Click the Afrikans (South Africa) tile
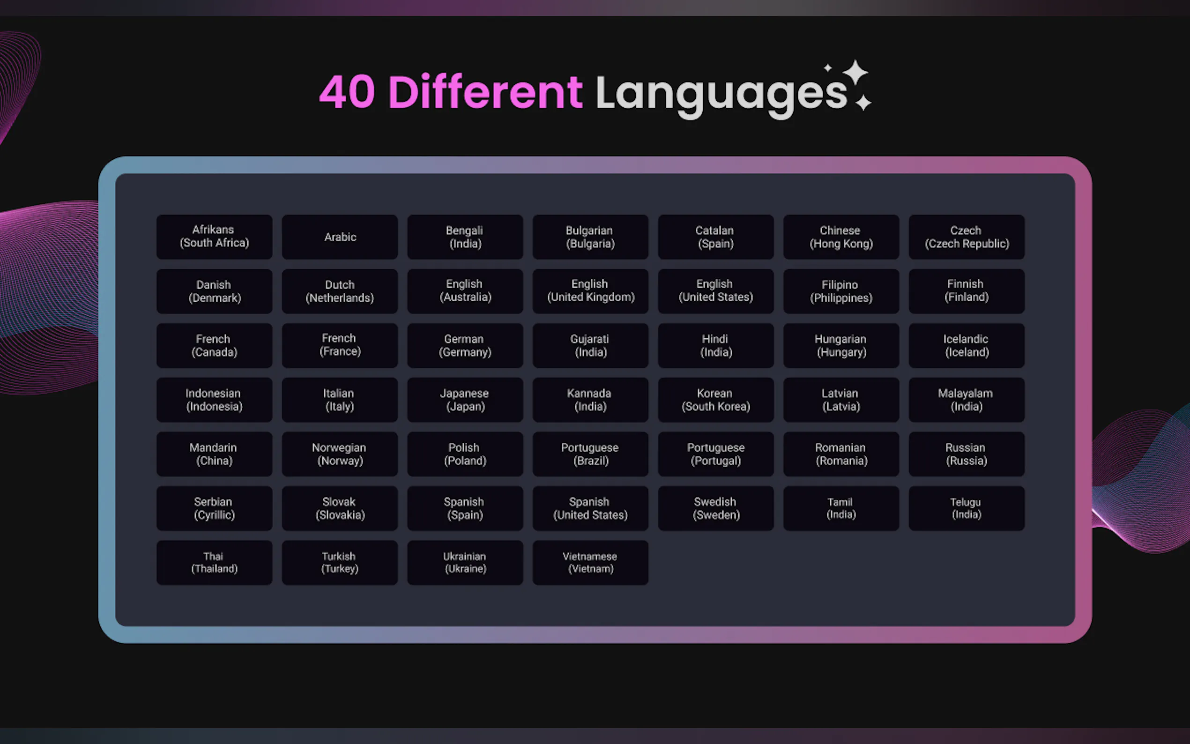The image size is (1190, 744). (214, 237)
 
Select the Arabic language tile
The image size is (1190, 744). (340, 237)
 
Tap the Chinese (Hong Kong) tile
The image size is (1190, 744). (841, 237)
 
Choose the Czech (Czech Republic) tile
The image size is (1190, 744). (967, 237)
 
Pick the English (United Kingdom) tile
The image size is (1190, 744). (590, 291)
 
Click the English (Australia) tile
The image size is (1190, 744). (465, 291)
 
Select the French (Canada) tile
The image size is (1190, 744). (214, 345)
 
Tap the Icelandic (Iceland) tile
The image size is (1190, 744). (967, 345)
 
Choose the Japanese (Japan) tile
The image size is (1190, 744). (465, 400)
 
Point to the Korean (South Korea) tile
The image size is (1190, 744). (716, 400)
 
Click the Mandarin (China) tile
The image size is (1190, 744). (214, 454)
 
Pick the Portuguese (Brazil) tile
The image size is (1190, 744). (590, 454)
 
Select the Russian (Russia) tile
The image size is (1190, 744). (967, 454)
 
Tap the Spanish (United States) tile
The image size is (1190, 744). (590, 508)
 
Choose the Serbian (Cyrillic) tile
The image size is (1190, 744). (214, 508)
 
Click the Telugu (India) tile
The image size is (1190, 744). (967, 508)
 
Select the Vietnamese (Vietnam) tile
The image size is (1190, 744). (590, 562)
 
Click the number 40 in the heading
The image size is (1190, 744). (347, 91)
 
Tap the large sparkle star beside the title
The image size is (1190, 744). (855, 73)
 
